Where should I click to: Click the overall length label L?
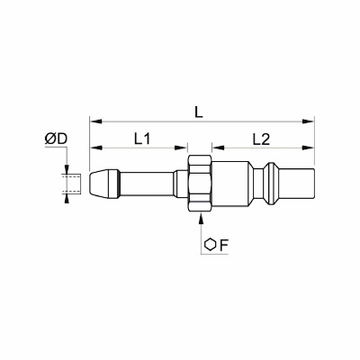pos(199,112)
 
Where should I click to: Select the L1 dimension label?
pos(141,139)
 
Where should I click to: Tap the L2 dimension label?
pos(261,139)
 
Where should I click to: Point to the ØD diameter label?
pos(56,139)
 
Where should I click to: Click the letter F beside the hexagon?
pos(224,246)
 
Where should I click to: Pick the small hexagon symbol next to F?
pos(211,245)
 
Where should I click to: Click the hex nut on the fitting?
pos(200,184)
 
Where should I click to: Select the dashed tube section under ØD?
pos(71,184)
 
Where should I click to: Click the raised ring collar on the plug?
pos(271,184)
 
